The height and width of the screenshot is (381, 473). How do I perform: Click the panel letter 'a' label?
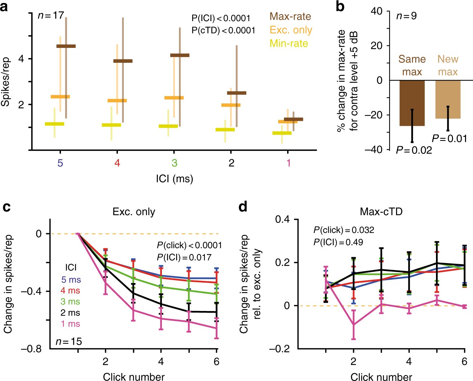click(4, 6)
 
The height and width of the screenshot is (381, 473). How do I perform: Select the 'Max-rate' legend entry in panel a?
click(290, 17)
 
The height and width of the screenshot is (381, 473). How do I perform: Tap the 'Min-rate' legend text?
click(289, 44)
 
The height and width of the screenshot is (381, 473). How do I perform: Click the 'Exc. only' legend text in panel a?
click(290, 30)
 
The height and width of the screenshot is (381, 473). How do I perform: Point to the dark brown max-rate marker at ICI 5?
click(66, 46)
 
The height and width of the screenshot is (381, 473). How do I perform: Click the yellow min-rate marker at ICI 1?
click(282, 133)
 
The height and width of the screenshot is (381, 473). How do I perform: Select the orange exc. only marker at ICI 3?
click(174, 98)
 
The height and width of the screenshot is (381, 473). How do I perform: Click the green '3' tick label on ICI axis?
click(174, 163)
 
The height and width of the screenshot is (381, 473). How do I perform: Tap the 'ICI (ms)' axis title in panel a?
click(174, 179)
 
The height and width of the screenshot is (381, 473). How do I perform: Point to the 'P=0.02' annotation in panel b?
click(414, 150)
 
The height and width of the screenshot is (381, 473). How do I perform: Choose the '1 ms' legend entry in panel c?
click(70, 324)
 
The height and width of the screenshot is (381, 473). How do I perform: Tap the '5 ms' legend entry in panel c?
click(71, 280)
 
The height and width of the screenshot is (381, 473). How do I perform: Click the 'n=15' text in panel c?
click(69, 341)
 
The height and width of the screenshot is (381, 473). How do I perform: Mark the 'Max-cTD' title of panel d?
click(381, 212)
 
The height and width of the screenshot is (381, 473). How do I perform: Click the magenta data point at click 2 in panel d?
click(353, 325)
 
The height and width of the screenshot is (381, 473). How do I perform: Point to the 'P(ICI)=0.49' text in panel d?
click(338, 242)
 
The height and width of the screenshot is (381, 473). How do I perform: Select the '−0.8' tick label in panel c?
click(32, 349)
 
